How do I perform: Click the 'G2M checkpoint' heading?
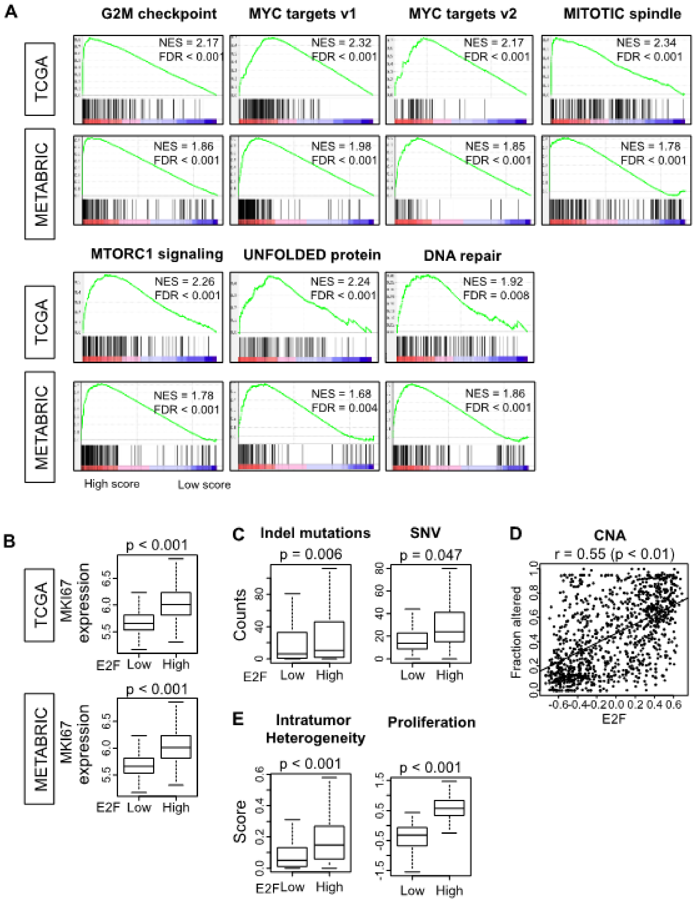[159, 14]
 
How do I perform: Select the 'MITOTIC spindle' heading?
[622, 14]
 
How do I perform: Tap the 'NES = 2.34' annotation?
[646, 43]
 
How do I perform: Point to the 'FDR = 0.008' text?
[496, 295]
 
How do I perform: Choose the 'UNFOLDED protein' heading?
[312, 255]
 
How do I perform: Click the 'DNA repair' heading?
[462, 256]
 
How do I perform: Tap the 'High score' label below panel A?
[111, 484]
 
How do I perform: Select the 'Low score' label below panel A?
[204, 485]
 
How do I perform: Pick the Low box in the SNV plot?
[412, 641]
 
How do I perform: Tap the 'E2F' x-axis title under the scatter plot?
[614, 719]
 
